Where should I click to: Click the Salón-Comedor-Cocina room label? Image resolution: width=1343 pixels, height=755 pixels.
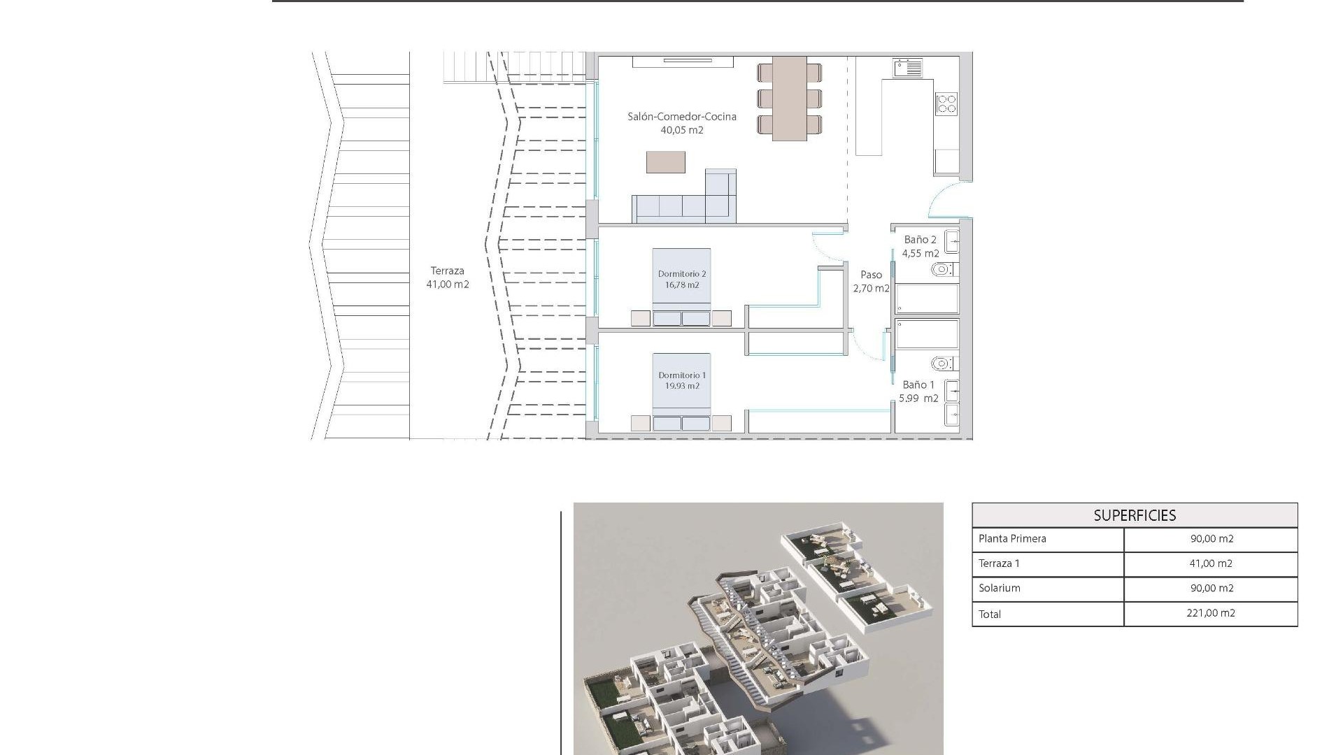pyautogui.click(x=681, y=117)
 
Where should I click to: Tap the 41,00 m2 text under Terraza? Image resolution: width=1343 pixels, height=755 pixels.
pyautogui.click(x=448, y=285)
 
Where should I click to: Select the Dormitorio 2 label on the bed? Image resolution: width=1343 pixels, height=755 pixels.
pyautogui.click(x=681, y=274)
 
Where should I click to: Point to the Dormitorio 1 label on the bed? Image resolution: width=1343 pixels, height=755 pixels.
pyautogui.click(x=681, y=375)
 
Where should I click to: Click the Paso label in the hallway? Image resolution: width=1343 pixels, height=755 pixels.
pyautogui.click(x=871, y=275)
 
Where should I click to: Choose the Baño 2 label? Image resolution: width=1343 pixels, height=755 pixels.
pyautogui.click(x=920, y=240)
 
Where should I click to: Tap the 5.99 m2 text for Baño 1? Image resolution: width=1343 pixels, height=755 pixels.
pyautogui.click(x=918, y=398)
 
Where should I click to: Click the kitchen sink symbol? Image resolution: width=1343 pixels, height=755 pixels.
pyautogui.click(x=907, y=68)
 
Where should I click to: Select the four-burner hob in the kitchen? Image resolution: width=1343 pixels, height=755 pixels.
pyautogui.click(x=946, y=105)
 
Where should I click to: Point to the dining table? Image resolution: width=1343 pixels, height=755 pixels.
pyautogui.click(x=790, y=98)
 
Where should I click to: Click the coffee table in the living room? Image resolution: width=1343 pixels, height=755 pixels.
pyautogui.click(x=665, y=162)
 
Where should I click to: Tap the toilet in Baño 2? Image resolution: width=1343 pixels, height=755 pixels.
pyautogui.click(x=941, y=269)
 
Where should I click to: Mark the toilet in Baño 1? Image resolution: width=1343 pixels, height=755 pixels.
pyautogui.click(x=942, y=364)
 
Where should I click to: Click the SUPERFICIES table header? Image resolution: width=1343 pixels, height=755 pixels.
pyautogui.click(x=1134, y=516)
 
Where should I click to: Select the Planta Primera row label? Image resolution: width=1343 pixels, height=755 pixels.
pyautogui.click(x=1012, y=538)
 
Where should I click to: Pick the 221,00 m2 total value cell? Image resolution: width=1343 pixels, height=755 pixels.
pyautogui.click(x=1211, y=613)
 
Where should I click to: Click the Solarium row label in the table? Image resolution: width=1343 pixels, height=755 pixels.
pyautogui.click(x=999, y=588)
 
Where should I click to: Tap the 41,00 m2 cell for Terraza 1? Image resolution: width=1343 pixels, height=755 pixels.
pyautogui.click(x=1211, y=563)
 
